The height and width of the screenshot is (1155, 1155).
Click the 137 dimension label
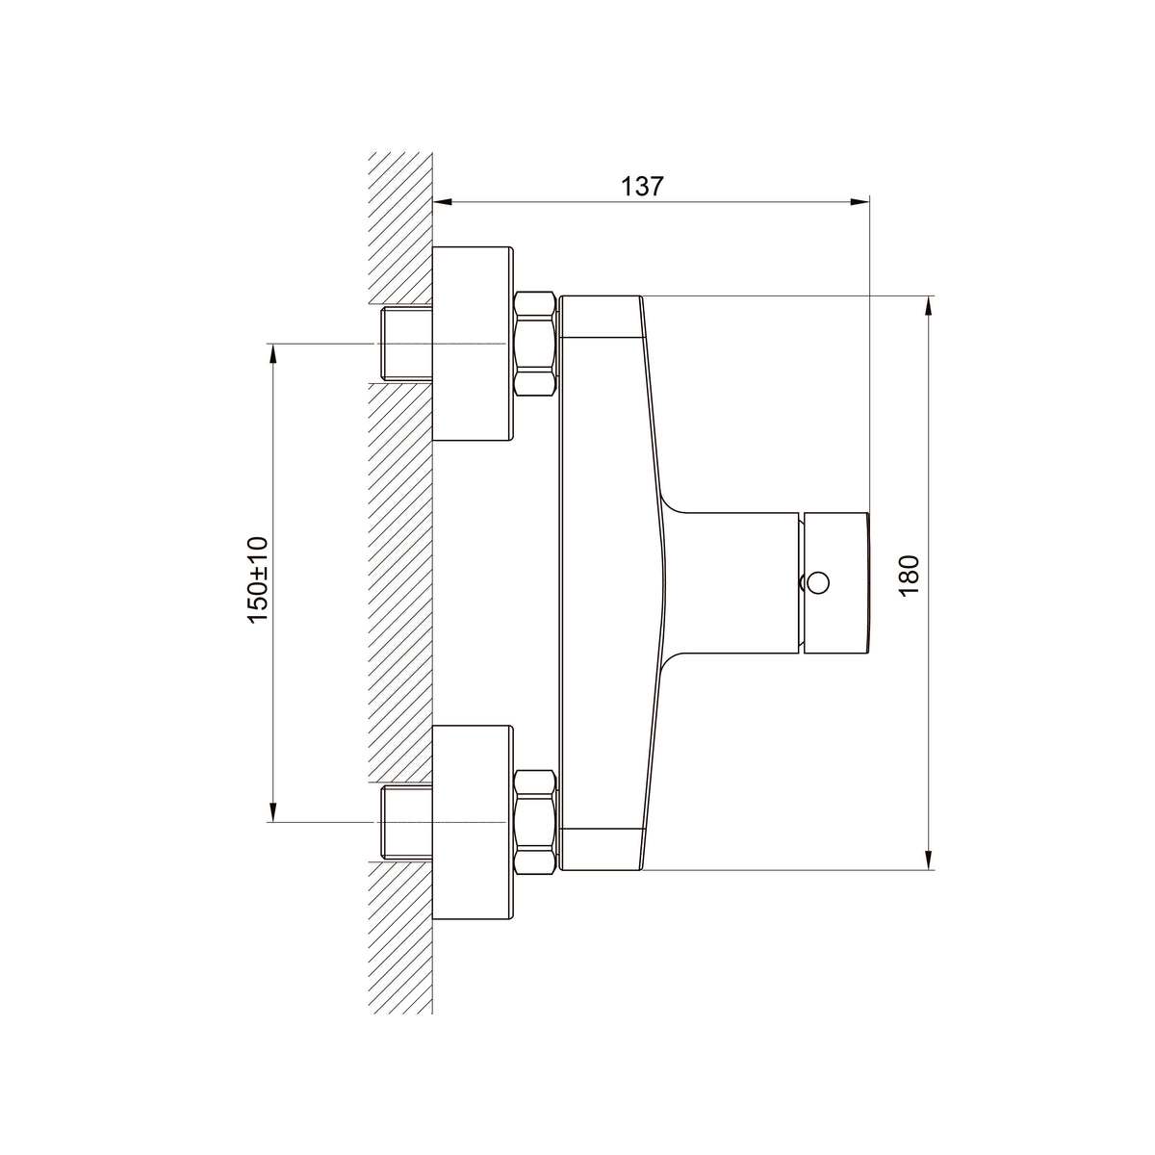tap(642, 187)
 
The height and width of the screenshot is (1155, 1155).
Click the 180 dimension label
tap(909, 576)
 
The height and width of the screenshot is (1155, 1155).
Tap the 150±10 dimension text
tap(258, 579)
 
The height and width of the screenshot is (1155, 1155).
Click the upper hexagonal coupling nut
tap(535, 344)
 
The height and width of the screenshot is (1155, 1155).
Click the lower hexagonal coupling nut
tap(535, 822)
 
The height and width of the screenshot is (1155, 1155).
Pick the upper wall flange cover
tap(473, 344)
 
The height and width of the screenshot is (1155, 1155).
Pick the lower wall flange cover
tap(473, 822)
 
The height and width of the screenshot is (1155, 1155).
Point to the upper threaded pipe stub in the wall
tap(406, 344)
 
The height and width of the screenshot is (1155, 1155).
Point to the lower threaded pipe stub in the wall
tap(406, 822)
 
